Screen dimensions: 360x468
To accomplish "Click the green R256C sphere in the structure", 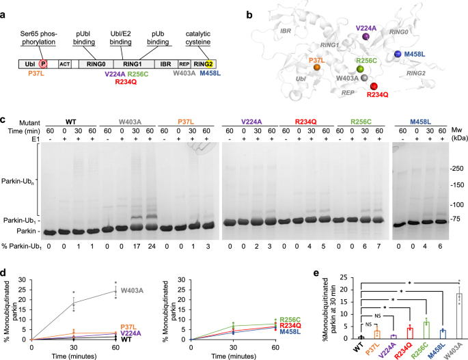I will (x=360, y=69).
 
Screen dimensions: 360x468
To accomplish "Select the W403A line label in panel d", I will (x=132, y=291).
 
